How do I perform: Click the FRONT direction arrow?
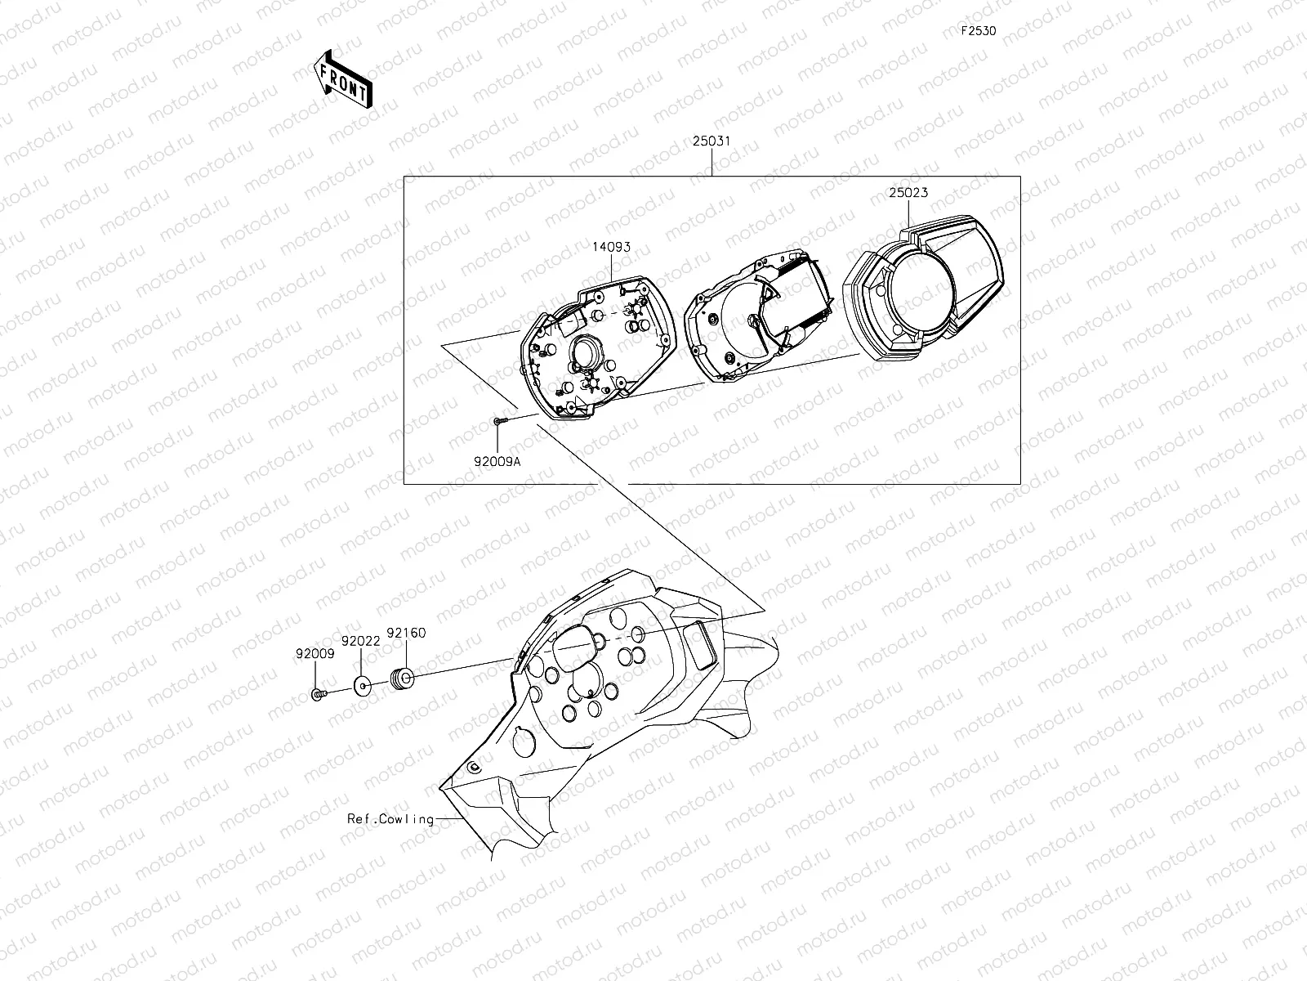[342, 78]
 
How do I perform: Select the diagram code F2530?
[978, 32]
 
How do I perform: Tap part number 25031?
[711, 141]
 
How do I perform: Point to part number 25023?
[908, 194]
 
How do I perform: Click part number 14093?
[612, 246]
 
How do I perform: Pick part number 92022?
[361, 642]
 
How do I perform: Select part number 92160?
[406, 633]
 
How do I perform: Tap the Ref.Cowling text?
[390, 818]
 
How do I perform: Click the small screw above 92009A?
[500, 420]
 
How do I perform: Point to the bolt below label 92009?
[319, 694]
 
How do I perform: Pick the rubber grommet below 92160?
[402, 678]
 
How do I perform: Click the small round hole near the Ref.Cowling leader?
[473, 767]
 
